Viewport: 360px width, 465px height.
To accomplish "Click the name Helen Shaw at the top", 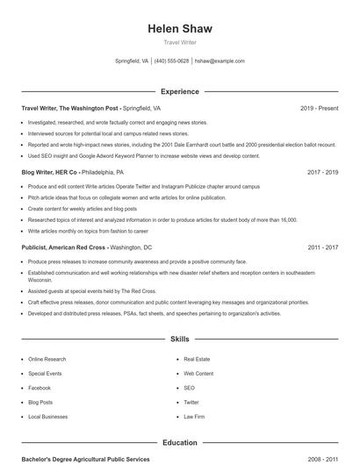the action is [x=180, y=29].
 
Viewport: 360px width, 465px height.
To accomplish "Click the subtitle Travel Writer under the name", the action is [x=180, y=43].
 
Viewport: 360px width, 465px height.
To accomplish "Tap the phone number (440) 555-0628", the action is [x=172, y=61].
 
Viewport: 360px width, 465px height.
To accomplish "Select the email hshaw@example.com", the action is [x=220, y=61].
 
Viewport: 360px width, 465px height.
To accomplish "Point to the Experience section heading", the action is [x=180, y=91].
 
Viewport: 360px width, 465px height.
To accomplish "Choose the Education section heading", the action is [x=180, y=443].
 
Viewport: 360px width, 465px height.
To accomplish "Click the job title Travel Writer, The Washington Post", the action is [x=69, y=108].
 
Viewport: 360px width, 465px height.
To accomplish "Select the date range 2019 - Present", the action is [x=319, y=108].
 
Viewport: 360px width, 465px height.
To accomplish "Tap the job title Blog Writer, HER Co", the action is [x=50, y=173].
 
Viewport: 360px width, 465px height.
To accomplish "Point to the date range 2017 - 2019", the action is [x=322, y=173].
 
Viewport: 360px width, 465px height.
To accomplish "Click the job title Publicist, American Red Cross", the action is [x=64, y=248].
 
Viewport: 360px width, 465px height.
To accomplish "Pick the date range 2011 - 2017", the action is [x=322, y=248].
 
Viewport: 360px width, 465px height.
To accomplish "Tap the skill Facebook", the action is [x=40, y=388].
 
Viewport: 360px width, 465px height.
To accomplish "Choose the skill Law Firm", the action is [x=193, y=416].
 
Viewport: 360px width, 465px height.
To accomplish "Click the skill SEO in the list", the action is [x=189, y=388].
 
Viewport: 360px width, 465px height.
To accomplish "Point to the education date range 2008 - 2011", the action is [x=322, y=459].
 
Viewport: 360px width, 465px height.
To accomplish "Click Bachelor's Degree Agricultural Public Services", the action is [x=85, y=459].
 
